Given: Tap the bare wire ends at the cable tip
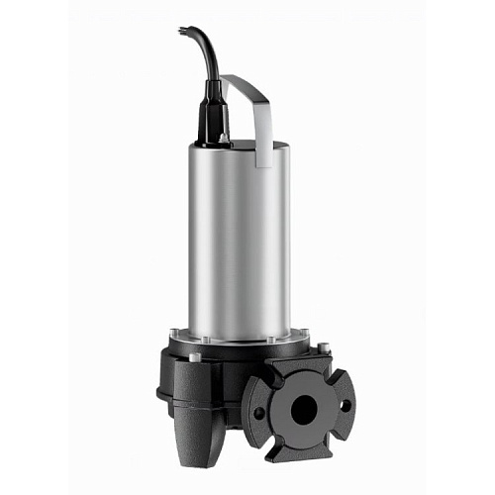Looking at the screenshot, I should pyautogui.click(x=182, y=32).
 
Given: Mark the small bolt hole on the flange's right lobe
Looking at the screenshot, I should pyautogui.click(x=346, y=404).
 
